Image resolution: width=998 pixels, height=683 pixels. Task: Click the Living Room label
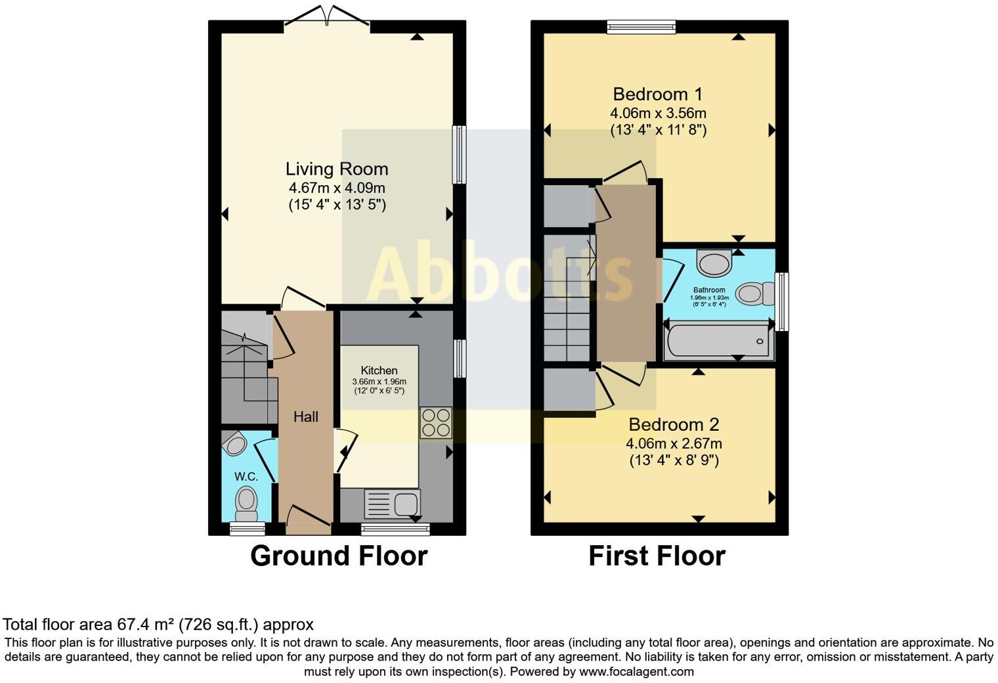(x=336, y=169)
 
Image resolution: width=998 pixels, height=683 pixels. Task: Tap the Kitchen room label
(x=379, y=370)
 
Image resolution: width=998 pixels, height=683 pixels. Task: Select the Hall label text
(x=306, y=417)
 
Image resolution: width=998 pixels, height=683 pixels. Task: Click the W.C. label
(x=246, y=476)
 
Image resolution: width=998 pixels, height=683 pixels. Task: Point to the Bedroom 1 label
(x=657, y=94)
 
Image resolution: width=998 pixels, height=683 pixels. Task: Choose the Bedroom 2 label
(x=674, y=425)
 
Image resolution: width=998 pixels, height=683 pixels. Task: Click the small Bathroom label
(x=709, y=290)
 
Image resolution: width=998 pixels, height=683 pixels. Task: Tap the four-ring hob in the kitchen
(x=436, y=422)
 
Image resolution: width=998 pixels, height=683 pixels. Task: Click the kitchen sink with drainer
(x=392, y=504)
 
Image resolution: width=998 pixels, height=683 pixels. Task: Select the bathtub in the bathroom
(x=719, y=341)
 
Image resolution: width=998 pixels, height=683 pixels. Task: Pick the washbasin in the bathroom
(x=714, y=264)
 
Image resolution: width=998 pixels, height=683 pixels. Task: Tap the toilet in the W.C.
(x=246, y=500)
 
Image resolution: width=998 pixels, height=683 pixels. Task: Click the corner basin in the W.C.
(x=234, y=445)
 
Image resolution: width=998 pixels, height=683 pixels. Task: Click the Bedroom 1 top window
(x=641, y=26)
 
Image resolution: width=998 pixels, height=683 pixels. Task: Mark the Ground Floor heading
(x=339, y=556)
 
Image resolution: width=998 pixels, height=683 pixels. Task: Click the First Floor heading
(x=657, y=556)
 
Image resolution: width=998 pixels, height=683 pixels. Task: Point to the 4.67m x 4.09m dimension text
(x=336, y=188)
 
